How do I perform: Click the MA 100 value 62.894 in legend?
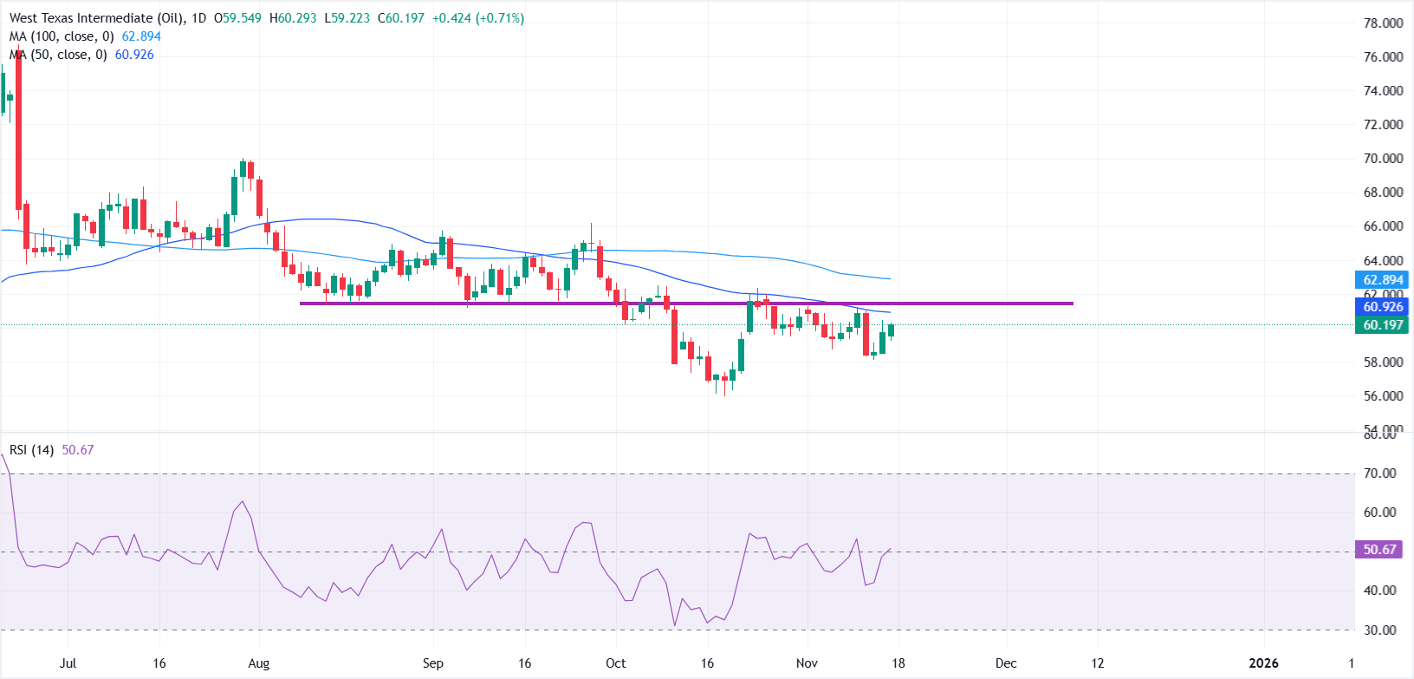tap(141, 36)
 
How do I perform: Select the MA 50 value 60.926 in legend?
tap(134, 55)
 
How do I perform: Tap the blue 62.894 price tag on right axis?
tap(1382, 280)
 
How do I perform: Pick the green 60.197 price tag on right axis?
tap(1382, 325)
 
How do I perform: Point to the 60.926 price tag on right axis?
tap(1382, 307)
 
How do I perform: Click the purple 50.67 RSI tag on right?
tap(1378, 550)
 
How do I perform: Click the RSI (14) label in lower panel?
tap(32, 450)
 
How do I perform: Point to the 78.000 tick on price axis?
tap(1383, 23)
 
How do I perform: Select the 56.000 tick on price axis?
tap(1383, 396)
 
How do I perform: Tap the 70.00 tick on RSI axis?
tap(1379, 473)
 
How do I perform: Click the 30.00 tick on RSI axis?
tap(1379, 630)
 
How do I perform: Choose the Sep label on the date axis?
tap(433, 663)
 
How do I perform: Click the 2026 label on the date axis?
tap(1263, 663)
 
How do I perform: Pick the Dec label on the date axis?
tap(1006, 663)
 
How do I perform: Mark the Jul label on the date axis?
tap(68, 663)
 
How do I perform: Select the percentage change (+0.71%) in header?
tap(498, 18)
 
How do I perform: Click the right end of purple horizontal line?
tap(1072, 304)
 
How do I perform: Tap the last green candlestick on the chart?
tap(891, 330)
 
